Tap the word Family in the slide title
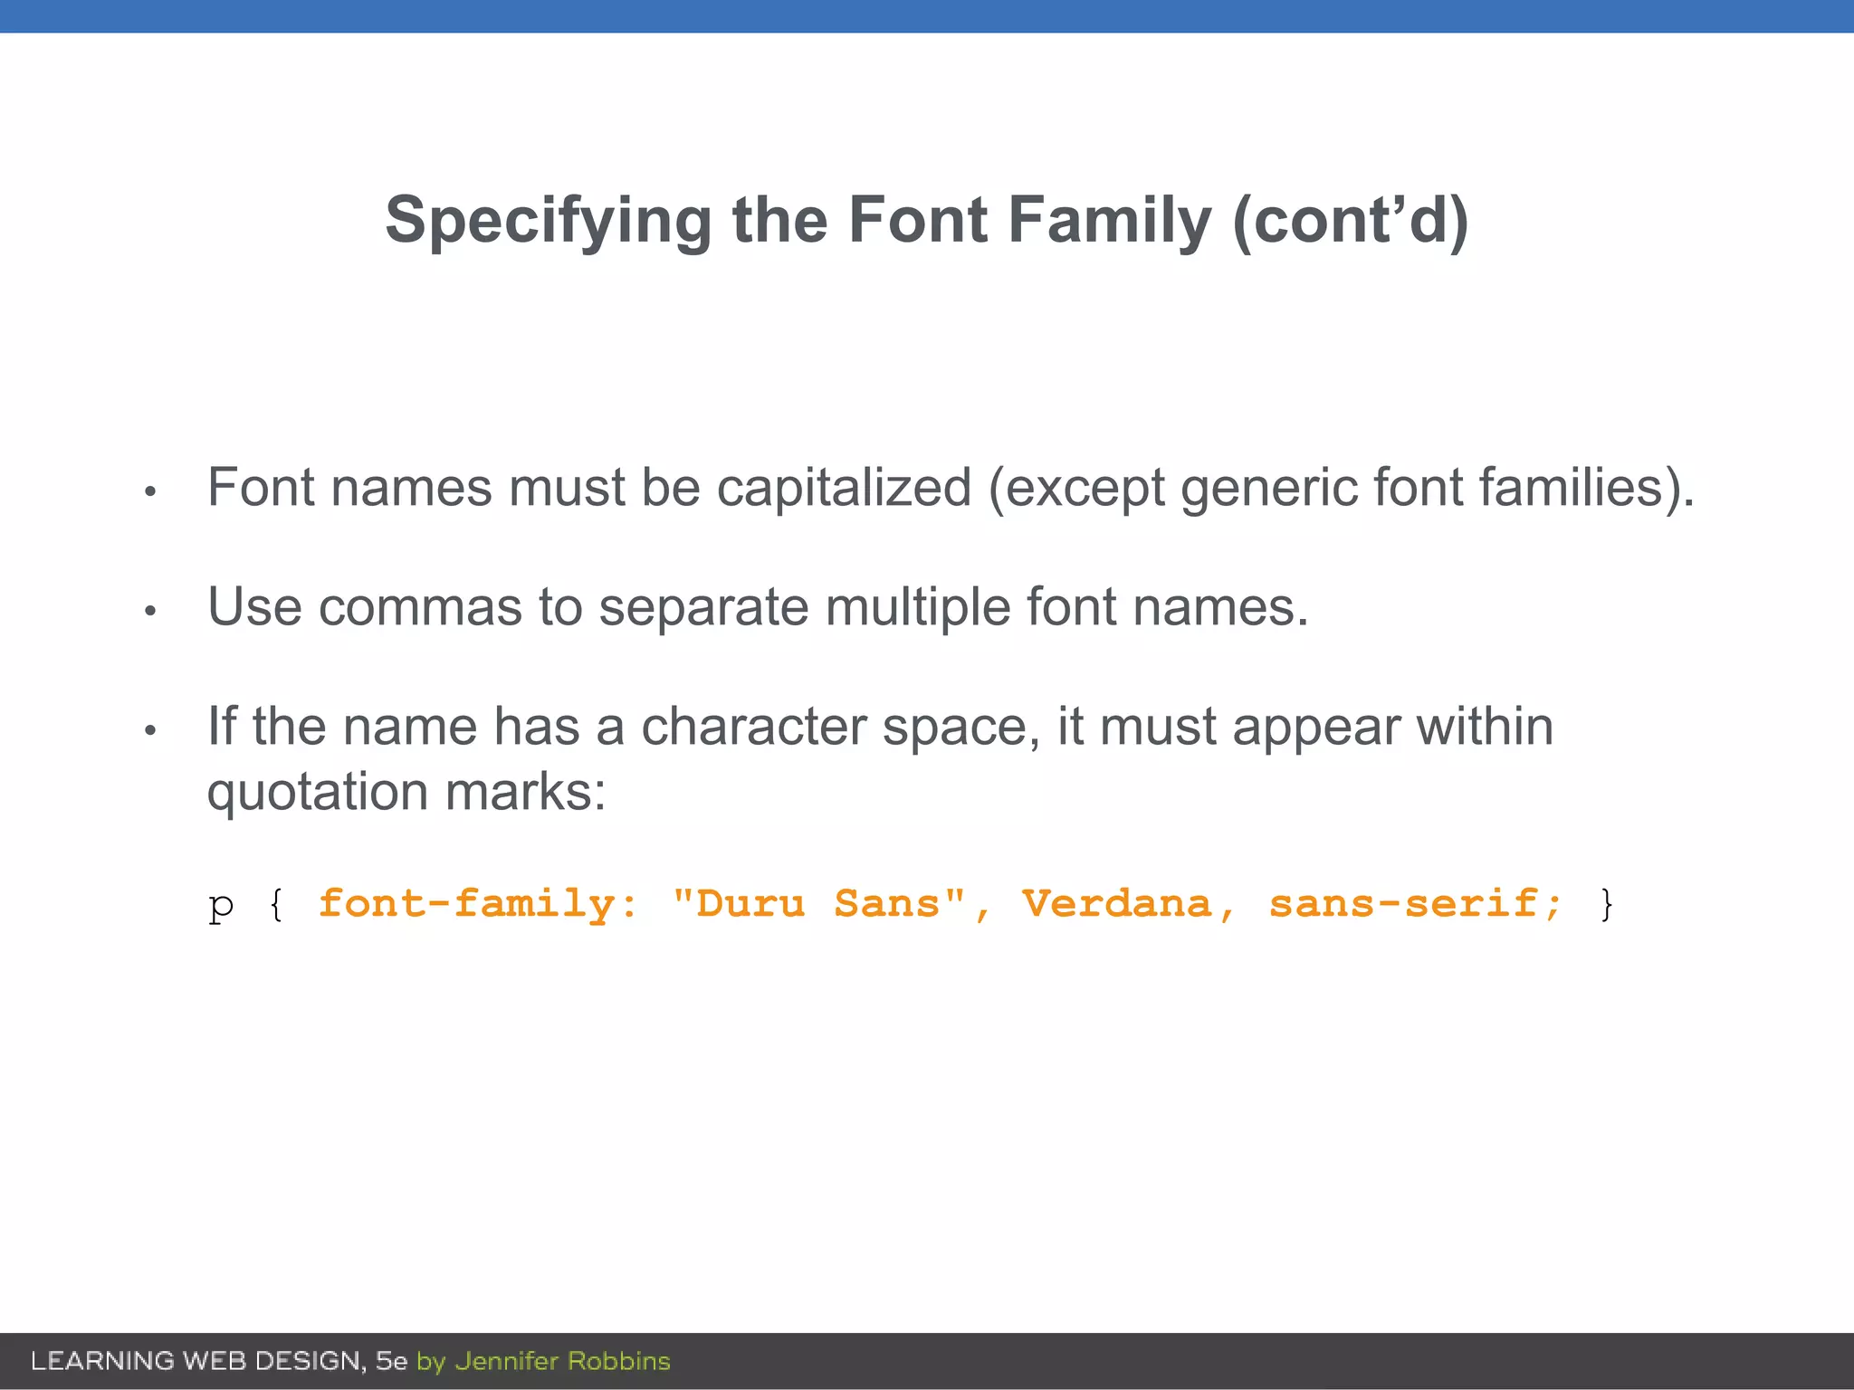click(x=1109, y=222)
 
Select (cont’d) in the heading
click(x=1351, y=222)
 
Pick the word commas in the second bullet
click(x=420, y=607)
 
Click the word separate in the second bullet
click(x=703, y=607)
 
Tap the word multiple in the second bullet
click(x=917, y=607)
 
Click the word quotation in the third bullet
click(x=318, y=793)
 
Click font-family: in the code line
click(x=478, y=904)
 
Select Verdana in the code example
click(x=1117, y=904)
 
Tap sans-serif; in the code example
click(x=1415, y=904)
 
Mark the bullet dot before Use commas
click(x=151, y=612)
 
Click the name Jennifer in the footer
click(x=507, y=1361)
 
